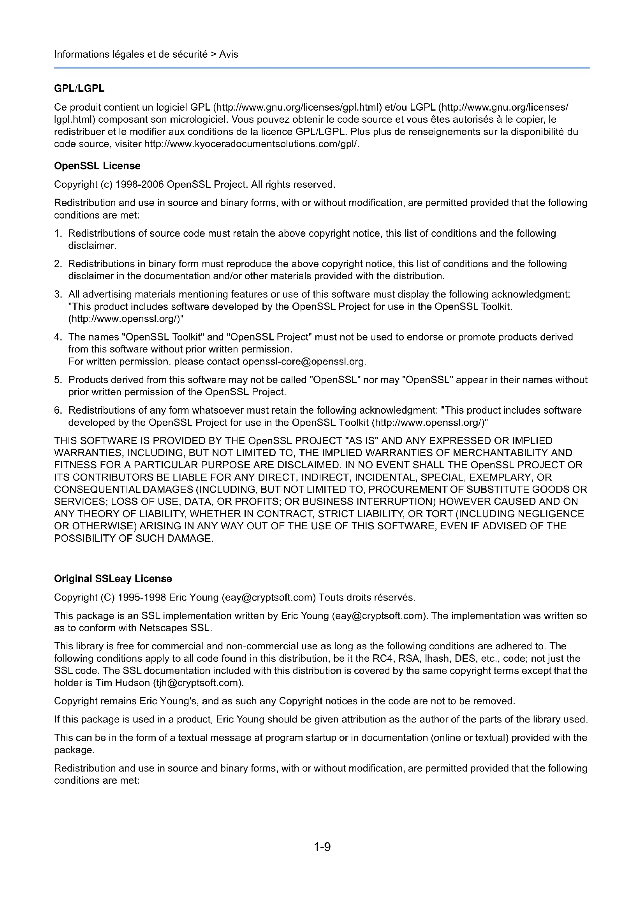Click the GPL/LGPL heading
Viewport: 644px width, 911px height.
79,88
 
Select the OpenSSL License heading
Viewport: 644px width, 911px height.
97,166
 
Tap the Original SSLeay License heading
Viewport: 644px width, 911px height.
113,578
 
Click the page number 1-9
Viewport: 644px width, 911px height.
322,847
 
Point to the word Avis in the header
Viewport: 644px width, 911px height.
229,55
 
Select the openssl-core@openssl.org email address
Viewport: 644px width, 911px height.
303,361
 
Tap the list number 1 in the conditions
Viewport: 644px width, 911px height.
58,233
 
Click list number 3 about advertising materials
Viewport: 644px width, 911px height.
58,294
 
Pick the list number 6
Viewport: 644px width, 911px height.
58,410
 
